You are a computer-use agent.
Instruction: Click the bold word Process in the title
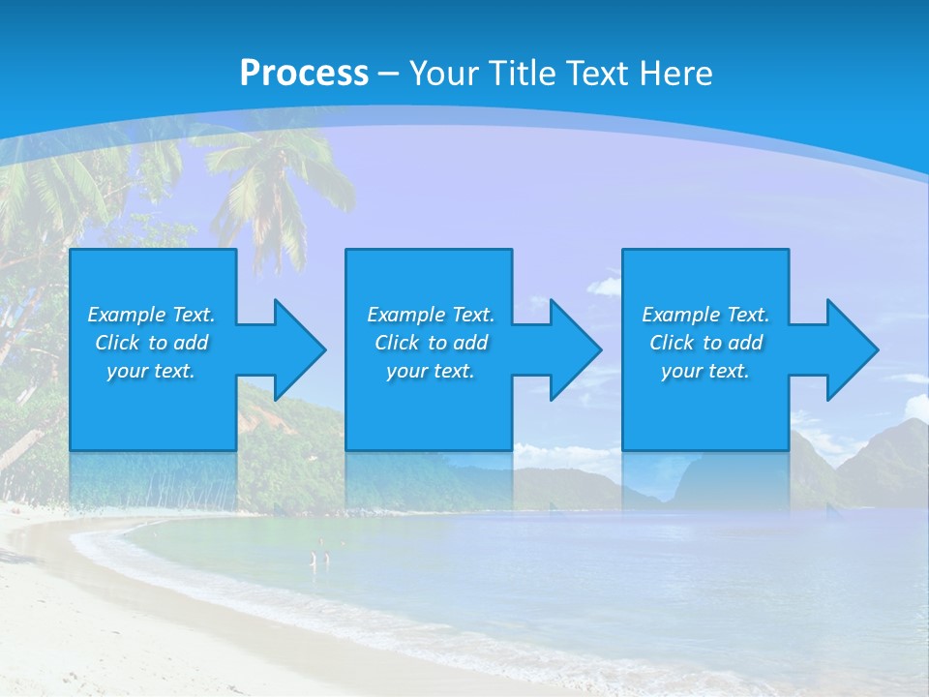coord(304,73)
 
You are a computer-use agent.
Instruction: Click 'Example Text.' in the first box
coord(151,315)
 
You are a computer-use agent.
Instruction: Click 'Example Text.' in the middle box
coord(431,315)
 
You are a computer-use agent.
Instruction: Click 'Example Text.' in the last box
coord(705,315)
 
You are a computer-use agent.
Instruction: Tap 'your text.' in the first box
coord(151,371)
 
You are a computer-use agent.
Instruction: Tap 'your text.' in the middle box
coord(431,371)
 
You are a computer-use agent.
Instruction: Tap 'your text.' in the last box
coord(705,371)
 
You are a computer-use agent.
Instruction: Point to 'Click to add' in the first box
coord(151,343)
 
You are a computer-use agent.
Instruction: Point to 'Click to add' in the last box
coord(705,343)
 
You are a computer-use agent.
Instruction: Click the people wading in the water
coord(319,558)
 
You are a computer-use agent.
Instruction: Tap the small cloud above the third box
coord(606,286)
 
